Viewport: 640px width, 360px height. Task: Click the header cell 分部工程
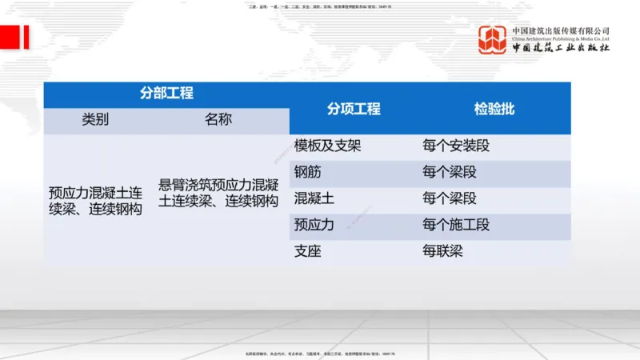[166, 94]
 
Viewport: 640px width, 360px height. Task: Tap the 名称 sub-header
[218, 120]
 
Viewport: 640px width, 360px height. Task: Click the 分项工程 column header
[353, 109]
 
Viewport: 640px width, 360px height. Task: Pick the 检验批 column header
[494, 109]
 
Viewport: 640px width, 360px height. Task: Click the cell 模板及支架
[327, 146]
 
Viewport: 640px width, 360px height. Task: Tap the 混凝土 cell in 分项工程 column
[314, 198]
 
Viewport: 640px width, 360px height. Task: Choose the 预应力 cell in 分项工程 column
[314, 225]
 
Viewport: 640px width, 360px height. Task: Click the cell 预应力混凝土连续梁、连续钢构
[95, 200]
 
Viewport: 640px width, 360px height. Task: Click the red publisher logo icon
[492, 40]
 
